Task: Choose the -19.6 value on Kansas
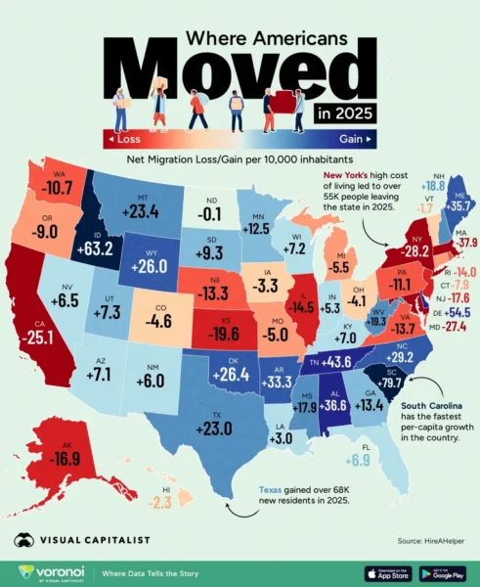tap(233, 332)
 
